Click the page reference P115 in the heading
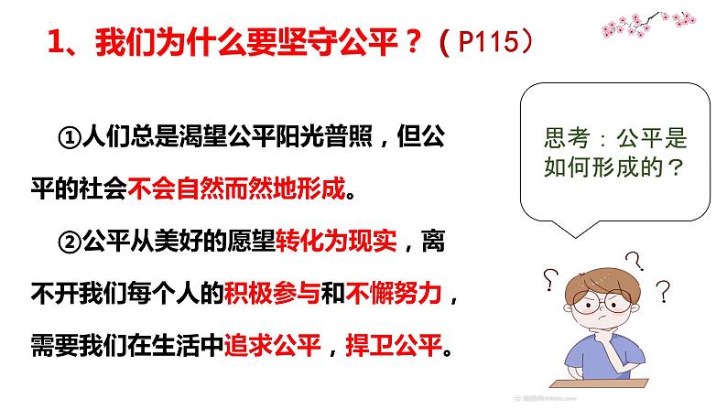(488, 42)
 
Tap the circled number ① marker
(70, 137)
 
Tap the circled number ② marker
(70, 242)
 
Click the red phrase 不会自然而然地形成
(236, 188)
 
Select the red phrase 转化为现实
(337, 242)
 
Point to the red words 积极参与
(272, 293)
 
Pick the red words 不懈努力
(394, 293)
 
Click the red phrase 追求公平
(272, 346)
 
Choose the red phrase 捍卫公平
(394, 346)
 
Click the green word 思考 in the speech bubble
(567, 138)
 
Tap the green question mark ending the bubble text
(677, 167)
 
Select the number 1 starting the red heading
(55, 42)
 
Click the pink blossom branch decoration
(648, 24)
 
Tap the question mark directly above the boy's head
(635, 262)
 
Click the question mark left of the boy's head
(550, 280)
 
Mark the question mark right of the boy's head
(664, 291)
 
